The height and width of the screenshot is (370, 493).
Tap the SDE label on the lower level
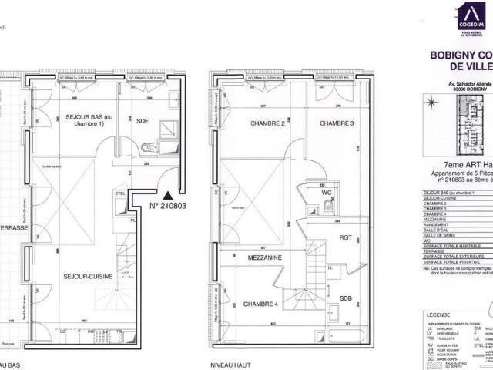click(x=142, y=121)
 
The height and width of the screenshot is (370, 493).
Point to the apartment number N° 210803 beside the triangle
click(x=168, y=206)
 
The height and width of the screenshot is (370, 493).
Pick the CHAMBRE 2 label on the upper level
click(x=268, y=123)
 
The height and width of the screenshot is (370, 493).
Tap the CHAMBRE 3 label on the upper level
click(x=337, y=123)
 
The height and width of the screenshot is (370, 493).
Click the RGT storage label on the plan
click(x=344, y=239)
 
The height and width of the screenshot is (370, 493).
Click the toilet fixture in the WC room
click(x=328, y=209)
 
